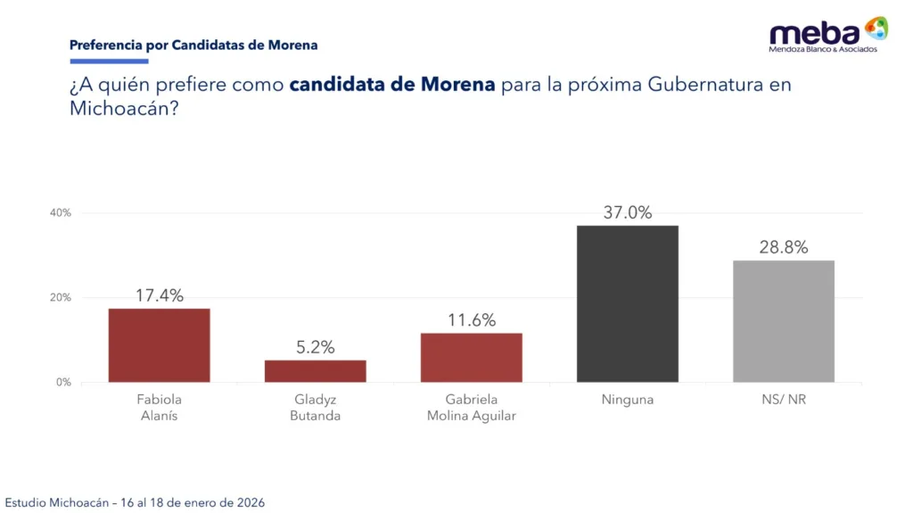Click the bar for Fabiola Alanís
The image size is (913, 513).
click(159, 345)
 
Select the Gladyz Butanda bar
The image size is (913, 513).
click(315, 371)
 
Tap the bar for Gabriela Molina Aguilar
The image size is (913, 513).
click(471, 357)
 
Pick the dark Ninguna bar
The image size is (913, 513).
click(627, 303)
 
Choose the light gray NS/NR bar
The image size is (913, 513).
click(784, 321)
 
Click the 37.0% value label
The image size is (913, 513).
click(627, 212)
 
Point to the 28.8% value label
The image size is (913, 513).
click(784, 247)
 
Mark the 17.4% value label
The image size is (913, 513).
click(160, 295)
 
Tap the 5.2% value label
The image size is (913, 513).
click(316, 347)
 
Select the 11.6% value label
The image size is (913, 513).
click(472, 320)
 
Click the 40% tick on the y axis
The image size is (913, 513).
click(61, 213)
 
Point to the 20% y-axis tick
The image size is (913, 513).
click(61, 298)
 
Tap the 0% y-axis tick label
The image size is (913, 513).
click(63, 383)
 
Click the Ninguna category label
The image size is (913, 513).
click(627, 400)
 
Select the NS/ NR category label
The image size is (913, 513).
click(784, 400)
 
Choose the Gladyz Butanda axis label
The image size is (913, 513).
click(316, 408)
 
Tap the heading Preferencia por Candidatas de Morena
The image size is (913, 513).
click(193, 45)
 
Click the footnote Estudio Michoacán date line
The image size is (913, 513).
click(135, 502)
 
